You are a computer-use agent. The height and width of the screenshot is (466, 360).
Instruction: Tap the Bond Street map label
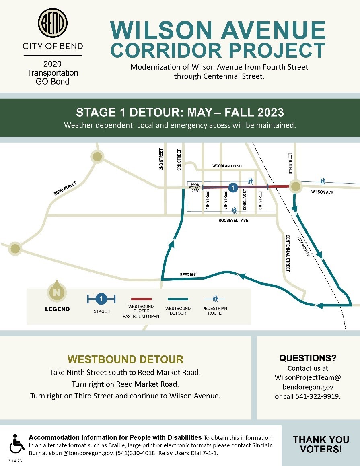click(65, 188)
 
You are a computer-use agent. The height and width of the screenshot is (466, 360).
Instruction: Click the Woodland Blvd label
click(227, 166)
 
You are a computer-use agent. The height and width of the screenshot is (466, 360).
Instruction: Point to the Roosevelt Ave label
click(233, 221)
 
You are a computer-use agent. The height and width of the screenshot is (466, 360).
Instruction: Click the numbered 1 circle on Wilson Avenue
click(232, 187)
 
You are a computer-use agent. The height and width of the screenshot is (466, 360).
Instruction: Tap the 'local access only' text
click(195, 187)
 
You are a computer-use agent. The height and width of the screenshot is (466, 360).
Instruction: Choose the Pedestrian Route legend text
click(215, 311)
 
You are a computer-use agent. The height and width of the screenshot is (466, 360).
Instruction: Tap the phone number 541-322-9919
click(319, 396)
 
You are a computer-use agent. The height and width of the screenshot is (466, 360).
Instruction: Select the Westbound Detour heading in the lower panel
click(125, 359)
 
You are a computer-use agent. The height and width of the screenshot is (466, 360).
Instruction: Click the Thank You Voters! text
click(321, 444)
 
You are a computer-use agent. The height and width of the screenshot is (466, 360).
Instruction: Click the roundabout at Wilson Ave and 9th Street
click(296, 186)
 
